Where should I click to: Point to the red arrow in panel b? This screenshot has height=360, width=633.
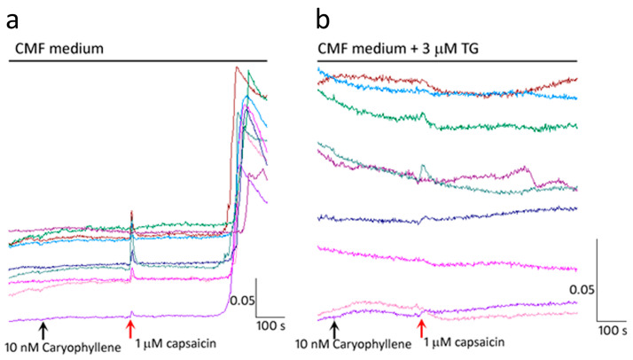tap(420, 330)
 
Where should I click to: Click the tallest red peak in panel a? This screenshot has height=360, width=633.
tap(236, 68)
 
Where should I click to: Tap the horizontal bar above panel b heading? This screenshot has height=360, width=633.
tap(448, 61)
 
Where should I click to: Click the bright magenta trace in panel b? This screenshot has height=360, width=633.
tap(443, 258)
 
